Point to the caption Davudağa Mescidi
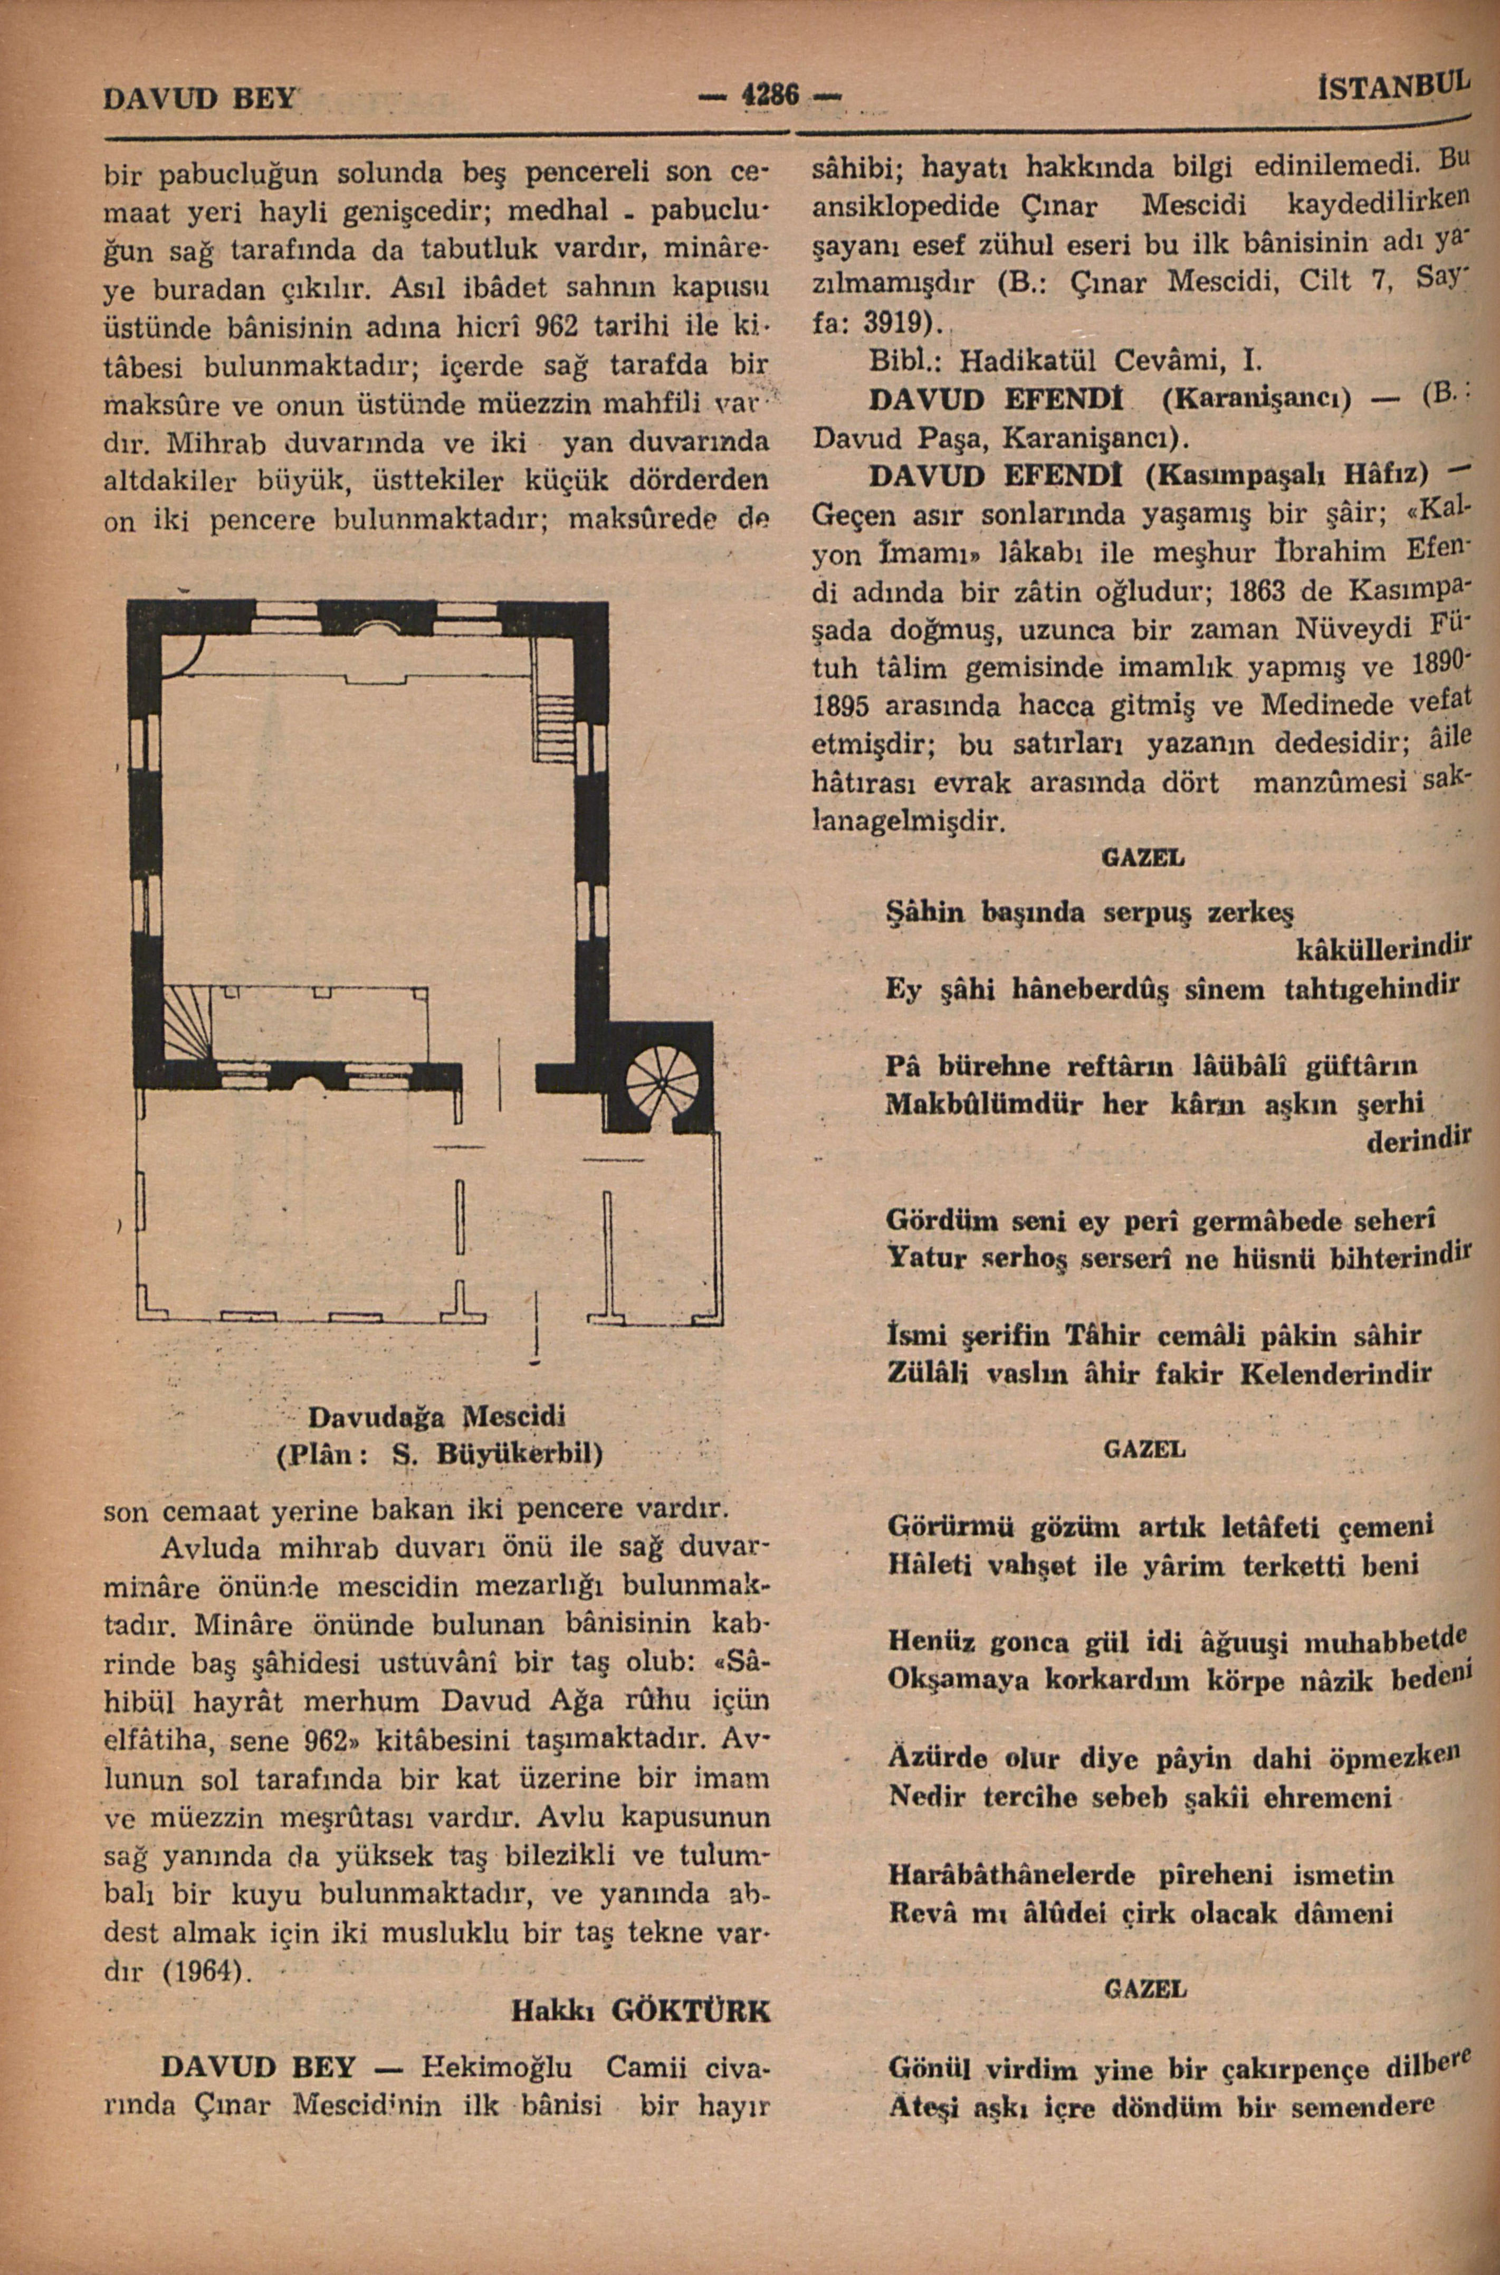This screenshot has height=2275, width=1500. click(437, 1413)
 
